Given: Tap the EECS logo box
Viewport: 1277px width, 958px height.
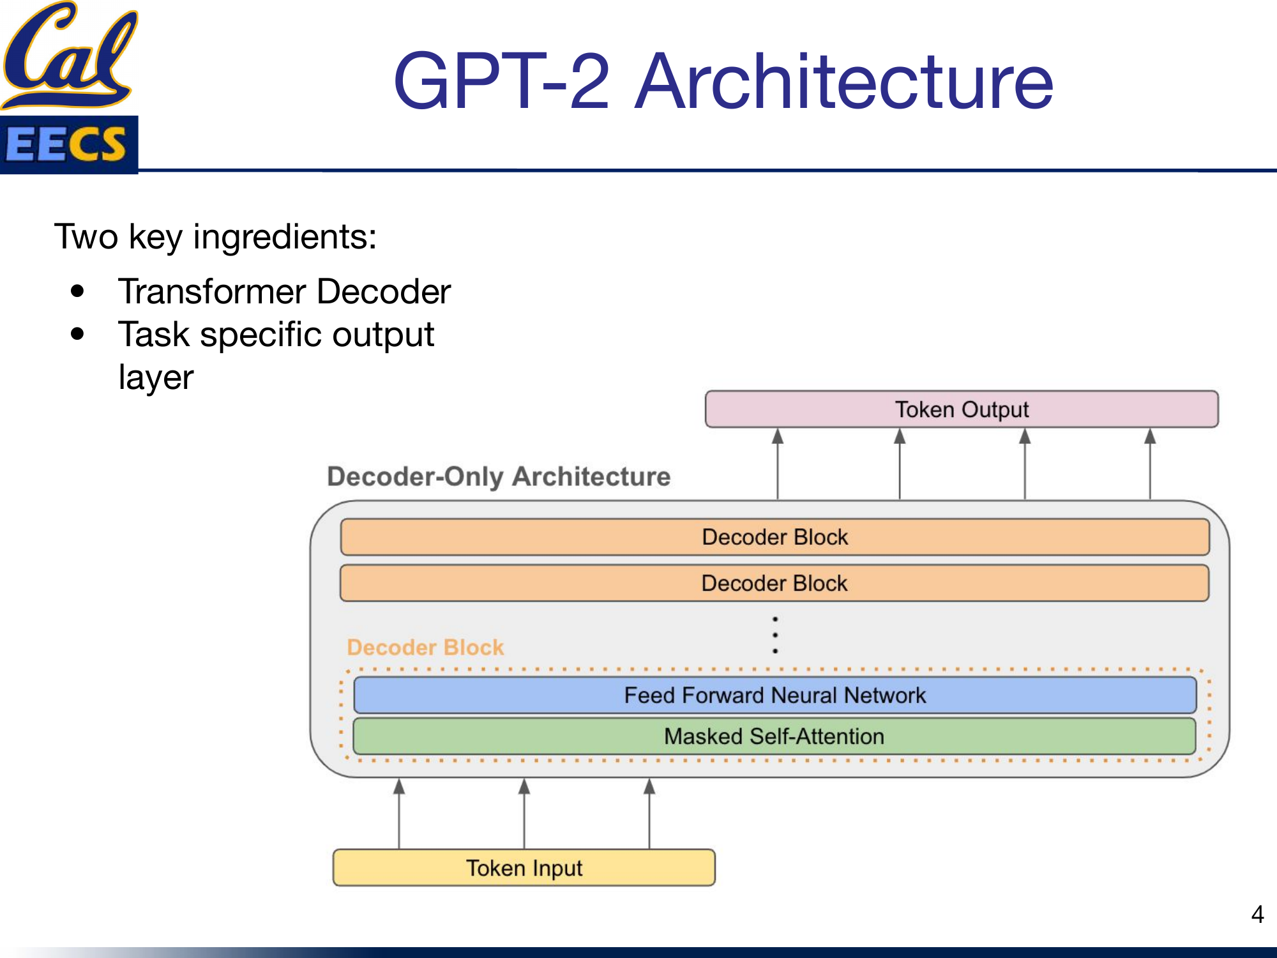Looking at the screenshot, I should (x=69, y=144).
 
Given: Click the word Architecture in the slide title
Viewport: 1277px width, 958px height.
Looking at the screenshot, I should (x=844, y=82).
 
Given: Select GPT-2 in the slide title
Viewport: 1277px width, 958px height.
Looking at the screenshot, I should (x=502, y=82).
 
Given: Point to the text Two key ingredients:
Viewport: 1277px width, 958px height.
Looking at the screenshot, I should (x=215, y=237).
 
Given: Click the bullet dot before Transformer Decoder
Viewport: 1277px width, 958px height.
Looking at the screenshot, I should (x=78, y=292).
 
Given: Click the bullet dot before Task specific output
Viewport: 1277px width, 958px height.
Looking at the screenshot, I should (x=78, y=334).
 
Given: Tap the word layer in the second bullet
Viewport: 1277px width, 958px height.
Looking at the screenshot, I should (x=156, y=377).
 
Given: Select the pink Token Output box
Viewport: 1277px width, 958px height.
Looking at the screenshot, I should (x=962, y=409).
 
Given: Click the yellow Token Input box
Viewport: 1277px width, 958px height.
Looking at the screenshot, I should (x=524, y=868).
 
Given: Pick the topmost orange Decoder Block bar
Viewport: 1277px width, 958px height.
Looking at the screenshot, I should (x=775, y=537).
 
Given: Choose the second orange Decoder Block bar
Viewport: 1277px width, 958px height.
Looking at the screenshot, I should (x=775, y=583).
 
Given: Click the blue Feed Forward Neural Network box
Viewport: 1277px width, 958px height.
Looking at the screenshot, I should (x=775, y=695).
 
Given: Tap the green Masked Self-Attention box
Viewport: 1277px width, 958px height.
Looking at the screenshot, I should (x=775, y=736).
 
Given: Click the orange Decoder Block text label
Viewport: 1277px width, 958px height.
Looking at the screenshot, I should (x=425, y=647).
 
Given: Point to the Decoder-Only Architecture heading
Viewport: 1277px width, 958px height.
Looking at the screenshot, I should (x=499, y=476).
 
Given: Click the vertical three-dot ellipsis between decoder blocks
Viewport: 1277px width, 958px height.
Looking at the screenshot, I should (x=775, y=635).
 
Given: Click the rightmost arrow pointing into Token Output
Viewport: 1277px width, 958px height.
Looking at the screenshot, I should (x=1150, y=463).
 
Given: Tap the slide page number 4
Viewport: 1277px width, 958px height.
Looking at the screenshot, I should (x=1257, y=914).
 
